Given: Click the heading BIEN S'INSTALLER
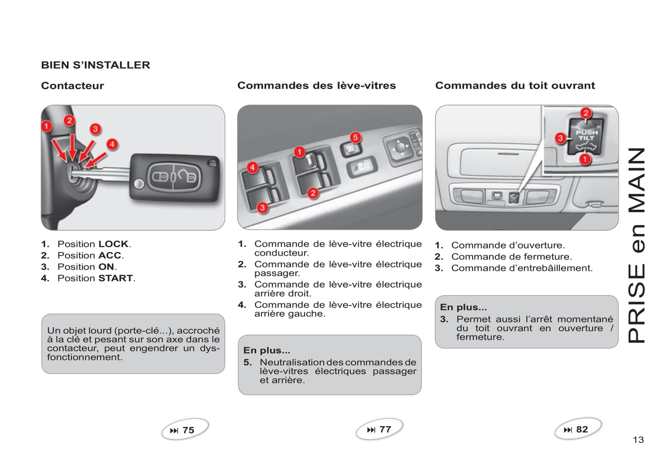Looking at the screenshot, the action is (x=95, y=65).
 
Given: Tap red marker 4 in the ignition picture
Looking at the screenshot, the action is (x=112, y=144).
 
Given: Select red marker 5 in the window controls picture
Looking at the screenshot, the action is (x=355, y=137).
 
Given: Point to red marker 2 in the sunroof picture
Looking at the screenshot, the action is (x=586, y=113).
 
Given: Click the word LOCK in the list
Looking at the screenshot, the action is (x=113, y=244).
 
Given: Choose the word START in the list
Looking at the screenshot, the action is (x=116, y=278).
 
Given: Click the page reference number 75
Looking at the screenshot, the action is (x=188, y=430).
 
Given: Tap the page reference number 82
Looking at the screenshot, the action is (x=582, y=429).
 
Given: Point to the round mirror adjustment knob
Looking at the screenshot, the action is (x=400, y=147).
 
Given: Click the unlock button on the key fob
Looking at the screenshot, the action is (x=187, y=176).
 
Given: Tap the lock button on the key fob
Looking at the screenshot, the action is (x=161, y=176).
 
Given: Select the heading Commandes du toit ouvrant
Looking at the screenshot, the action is (x=515, y=85).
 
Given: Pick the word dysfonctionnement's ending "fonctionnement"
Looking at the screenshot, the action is (x=84, y=357).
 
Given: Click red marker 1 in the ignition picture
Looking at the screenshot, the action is (x=46, y=126).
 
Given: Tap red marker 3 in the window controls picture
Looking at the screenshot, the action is (x=262, y=208).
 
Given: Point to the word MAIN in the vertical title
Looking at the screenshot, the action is (x=637, y=180).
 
